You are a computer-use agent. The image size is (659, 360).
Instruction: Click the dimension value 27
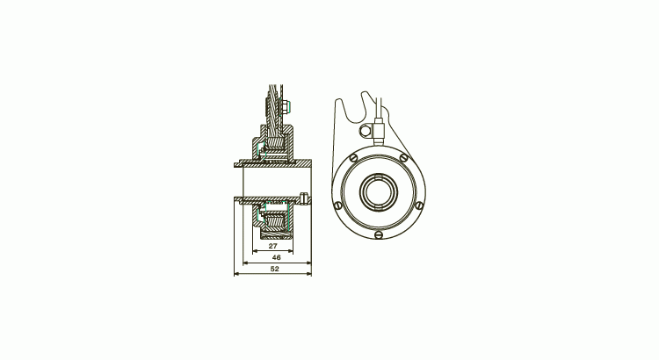(x=273, y=247)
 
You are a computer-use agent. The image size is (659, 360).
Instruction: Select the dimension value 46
(x=276, y=258)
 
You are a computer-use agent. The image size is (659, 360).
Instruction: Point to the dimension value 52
(x=274, y=270)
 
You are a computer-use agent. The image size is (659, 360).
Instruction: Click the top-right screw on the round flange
(x=403, y=158)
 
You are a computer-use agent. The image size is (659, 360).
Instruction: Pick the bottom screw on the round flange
(x=378, y=234)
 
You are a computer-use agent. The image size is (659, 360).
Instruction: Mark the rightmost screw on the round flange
(x=418, y=207)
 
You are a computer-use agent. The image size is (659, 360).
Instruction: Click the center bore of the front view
(x=378, y=191)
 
